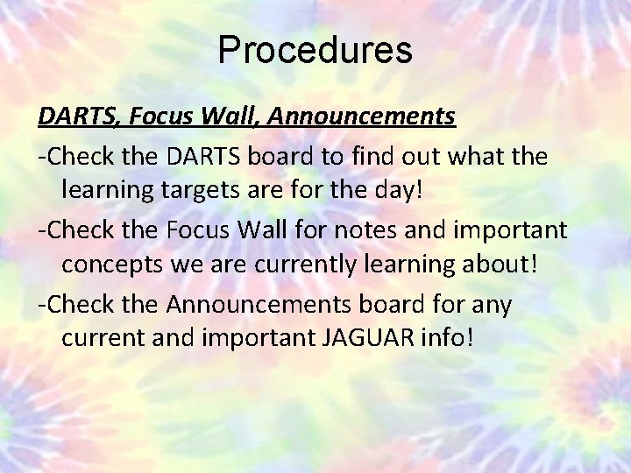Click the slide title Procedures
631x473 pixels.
(315, 50)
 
